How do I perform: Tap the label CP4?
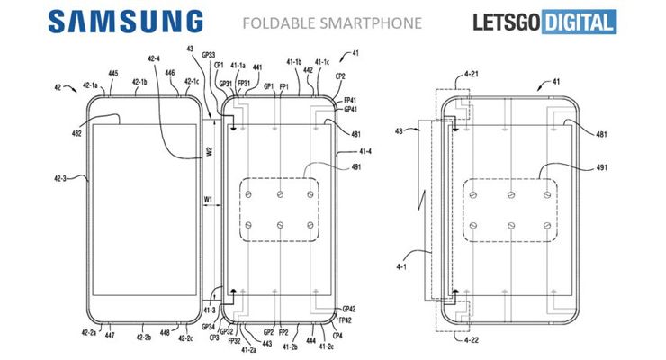click(337, 336)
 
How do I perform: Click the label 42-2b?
click(143, 338)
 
